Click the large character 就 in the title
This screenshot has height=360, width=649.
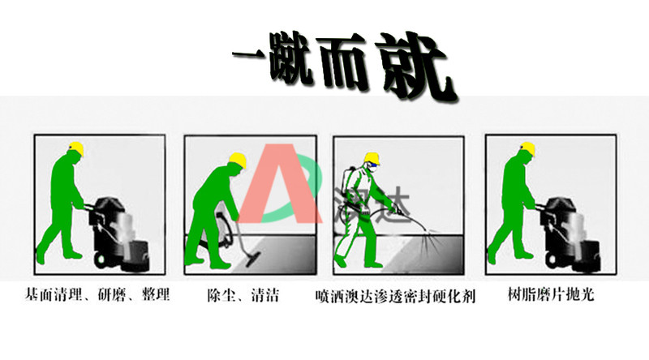[416, 66]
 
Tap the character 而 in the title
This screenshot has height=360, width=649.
[340, 62]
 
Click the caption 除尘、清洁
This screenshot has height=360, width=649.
[243, 295]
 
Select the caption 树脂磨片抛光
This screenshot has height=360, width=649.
[551, 294]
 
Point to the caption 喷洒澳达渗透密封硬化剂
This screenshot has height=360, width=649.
[395, 296]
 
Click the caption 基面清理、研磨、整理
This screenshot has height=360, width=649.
[97, 294]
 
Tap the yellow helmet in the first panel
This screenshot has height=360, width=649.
[76, 148]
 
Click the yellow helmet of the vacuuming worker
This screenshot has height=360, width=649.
[238, 161]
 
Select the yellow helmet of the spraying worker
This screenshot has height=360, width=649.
[372, 158]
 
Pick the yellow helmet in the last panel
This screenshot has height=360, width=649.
[527, 149]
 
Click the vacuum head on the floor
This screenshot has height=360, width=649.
[252, 259]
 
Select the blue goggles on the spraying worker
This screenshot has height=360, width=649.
[373, 165]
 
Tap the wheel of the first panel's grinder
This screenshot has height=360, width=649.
[100, 259]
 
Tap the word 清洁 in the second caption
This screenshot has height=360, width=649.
[265, 295]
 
